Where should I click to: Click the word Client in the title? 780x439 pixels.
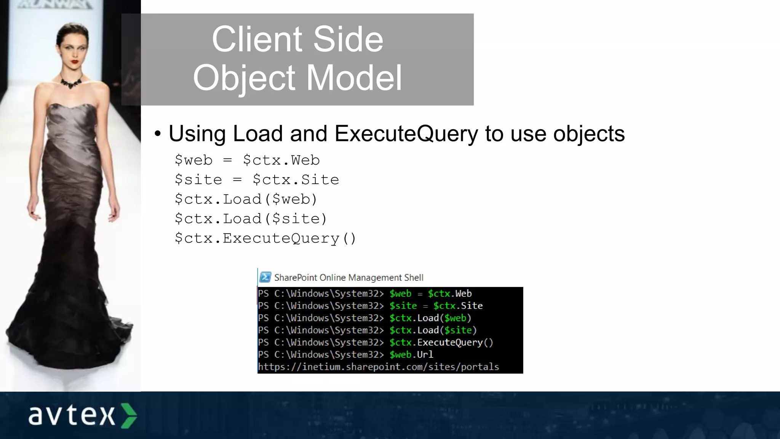(256, 39)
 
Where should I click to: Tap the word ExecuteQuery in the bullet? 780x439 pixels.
(406, 134)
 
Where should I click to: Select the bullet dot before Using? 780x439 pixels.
(158, 134)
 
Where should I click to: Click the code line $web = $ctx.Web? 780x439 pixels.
(247, 160)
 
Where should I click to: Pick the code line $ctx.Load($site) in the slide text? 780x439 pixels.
(251, 219)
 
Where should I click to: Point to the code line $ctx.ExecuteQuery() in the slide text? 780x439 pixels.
(265, 239)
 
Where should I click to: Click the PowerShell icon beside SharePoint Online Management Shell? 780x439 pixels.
(265, 277)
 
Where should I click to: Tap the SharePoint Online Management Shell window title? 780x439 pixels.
(348, 278)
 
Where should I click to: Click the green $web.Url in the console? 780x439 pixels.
(411, 355)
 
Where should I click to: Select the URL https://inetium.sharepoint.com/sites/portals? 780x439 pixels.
(378, 367)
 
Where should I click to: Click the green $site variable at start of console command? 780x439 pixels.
(403, 306)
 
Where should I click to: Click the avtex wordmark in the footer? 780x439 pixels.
(72, 415)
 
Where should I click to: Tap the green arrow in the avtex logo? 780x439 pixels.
(129, 415)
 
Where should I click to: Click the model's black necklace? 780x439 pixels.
(71, 82)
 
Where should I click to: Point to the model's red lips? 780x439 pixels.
(75, 61)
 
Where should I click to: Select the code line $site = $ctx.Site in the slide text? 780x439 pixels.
(257, 180)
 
